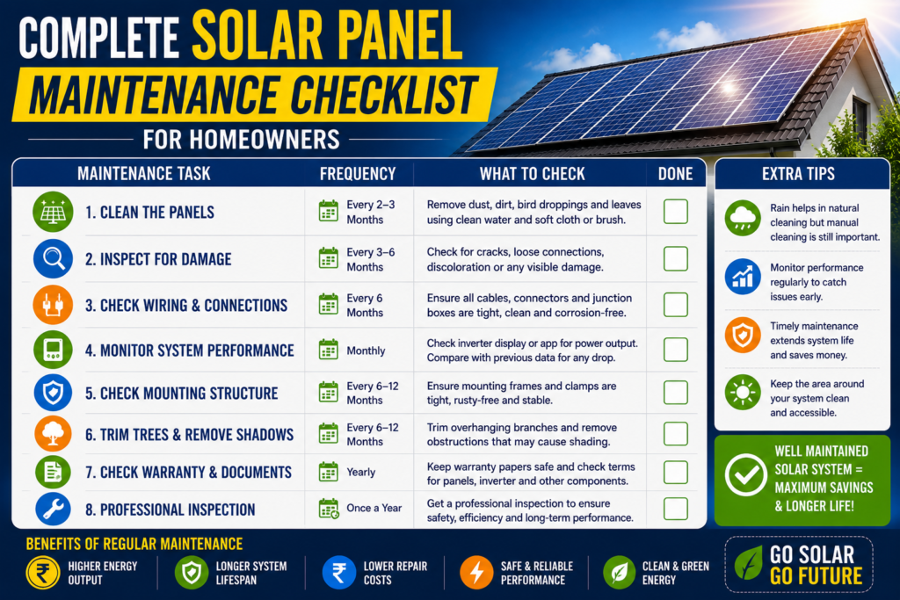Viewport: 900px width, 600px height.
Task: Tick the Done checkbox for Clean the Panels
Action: point(676,212)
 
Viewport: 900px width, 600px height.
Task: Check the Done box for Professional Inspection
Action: point(676,509)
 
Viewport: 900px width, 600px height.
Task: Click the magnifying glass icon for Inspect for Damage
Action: point(53,258)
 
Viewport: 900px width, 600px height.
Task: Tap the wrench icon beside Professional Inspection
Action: point(53,509)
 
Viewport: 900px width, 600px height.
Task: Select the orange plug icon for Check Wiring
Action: point(53,305)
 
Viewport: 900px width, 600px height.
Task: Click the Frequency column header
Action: point(358,174)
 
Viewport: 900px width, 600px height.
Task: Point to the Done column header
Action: point(676,174)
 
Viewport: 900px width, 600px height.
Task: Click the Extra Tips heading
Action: point(798,174)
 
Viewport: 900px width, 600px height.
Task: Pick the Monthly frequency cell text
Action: point(366,351)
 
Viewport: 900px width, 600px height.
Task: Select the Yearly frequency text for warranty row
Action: point(361,472)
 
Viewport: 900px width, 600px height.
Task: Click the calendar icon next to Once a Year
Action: point(329,509)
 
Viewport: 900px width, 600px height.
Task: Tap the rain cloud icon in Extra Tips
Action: point(743,218)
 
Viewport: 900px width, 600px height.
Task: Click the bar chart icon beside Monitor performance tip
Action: point(743,277)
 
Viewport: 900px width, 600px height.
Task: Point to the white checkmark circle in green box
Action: point(745,475)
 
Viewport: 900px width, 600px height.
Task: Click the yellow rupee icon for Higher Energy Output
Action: point(43,573)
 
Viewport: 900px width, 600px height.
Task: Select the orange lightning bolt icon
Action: point(477,572)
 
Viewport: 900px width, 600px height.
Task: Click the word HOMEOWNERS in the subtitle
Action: point(265,140)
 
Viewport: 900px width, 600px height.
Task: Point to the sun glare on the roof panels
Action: point(729,88)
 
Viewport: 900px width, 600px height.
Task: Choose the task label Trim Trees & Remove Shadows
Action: point(189,435)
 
